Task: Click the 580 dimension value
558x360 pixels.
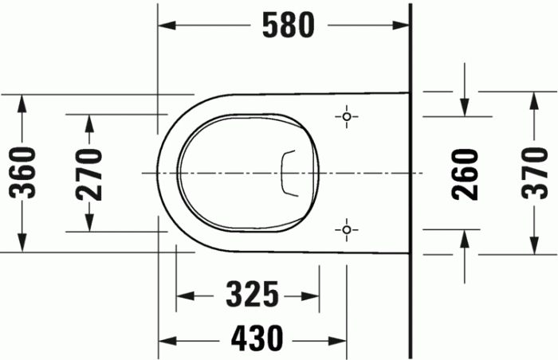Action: pyautogui.click(x=289, y=26)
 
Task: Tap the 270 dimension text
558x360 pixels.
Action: pyautogui.click(x=89, y=173)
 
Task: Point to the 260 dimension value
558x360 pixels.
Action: pyautogui.click(x=466, y=174)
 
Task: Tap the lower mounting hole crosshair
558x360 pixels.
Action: pyautogui.click(x=346, y=230)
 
